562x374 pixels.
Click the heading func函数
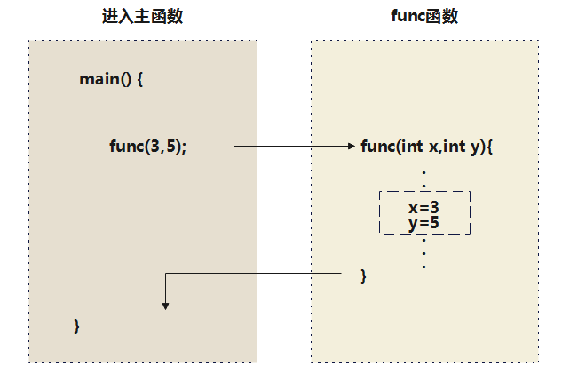[x=424, y=17]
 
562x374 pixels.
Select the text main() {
[x=111, y=79]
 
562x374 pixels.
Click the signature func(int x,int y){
[x=426, y=147]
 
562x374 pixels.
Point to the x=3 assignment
[x=424, y=207]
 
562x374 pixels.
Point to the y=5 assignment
[x=424, y=222]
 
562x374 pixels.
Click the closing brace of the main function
[x=77, y=325]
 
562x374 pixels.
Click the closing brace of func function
[x=363, y=275]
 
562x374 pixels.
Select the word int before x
[x=412, y=147]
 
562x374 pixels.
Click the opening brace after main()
[x=139, y=79]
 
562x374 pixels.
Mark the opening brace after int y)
[x=488, y=147]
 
